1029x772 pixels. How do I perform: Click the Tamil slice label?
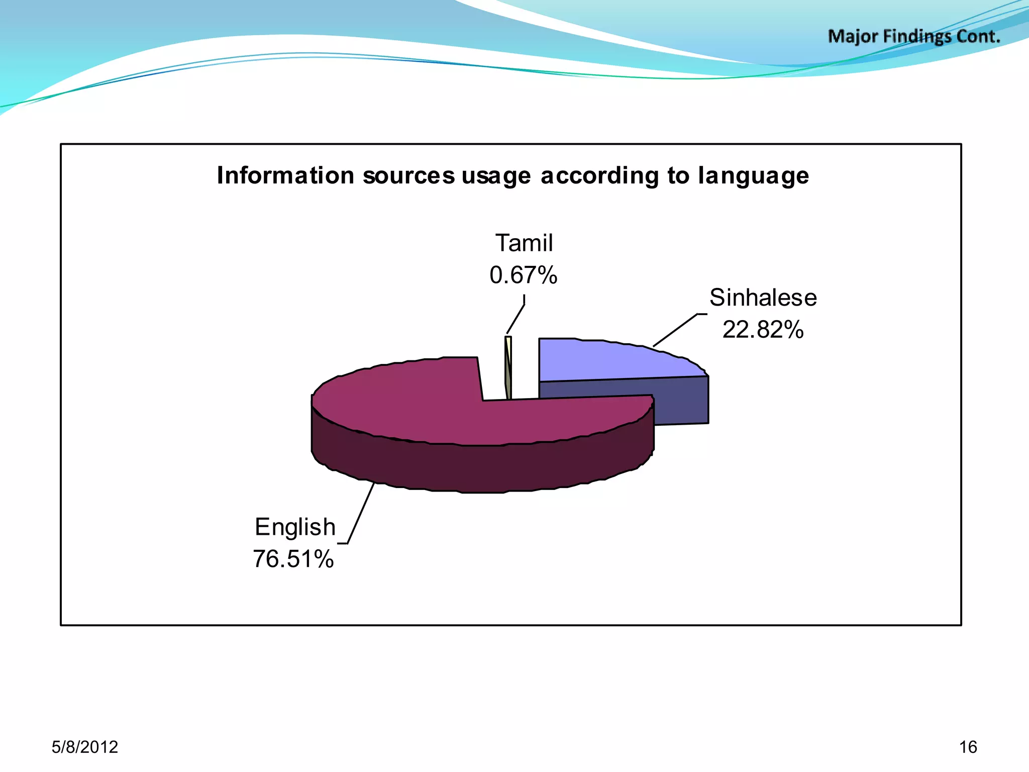click(524, 243)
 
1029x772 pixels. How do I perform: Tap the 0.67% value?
click(524, 275)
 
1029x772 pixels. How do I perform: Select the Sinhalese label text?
click(763, 298)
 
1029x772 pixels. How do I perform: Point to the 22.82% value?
click(763, 330)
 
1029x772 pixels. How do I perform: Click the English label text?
click(295, 527)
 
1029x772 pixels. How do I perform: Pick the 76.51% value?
click(293, 559)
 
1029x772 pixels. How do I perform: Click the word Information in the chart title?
click(285, 176)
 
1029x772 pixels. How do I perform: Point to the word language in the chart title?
click(753, 176)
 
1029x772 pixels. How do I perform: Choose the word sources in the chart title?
click(408, 176)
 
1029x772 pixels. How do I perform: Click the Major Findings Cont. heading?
click(914, 37)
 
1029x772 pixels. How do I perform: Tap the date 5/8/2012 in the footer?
click(85, 747)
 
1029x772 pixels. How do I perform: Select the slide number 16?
click(968, 747)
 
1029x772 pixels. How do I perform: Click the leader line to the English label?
click(361, 513)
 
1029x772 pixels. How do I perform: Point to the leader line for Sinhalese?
click(676, 330)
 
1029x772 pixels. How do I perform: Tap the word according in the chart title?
click(599, 176)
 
